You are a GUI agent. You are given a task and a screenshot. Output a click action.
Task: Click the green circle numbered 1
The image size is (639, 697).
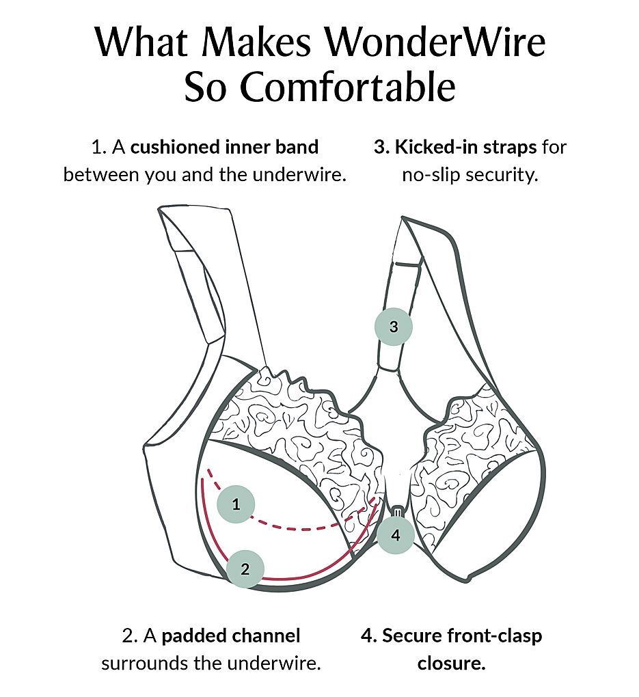(236, 505)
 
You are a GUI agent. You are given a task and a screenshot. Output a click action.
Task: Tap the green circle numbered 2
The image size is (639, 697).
(245, 566)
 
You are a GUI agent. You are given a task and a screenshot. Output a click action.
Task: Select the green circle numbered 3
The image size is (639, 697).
(394, 326)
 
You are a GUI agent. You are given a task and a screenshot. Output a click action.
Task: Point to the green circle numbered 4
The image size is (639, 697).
(396, 535)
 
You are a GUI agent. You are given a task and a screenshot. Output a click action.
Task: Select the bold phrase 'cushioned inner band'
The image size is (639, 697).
(225, 146)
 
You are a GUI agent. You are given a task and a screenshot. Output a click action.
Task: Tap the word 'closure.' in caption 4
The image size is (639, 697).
(452, 663)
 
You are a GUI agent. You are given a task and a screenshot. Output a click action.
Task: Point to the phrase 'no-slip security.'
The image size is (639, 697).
(470, 174)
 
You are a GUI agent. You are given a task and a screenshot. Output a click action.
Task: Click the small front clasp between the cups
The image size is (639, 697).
(397, 512)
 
